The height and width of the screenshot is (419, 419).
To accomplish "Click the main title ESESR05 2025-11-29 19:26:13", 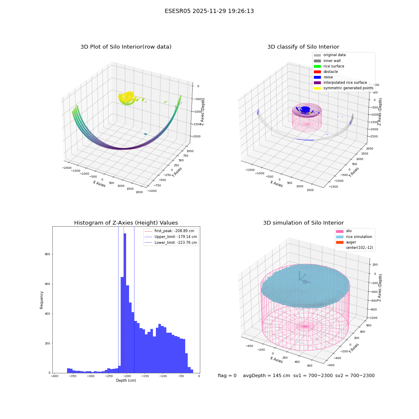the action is click(209, 11).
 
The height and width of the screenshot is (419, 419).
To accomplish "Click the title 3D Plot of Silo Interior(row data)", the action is click(126, 47).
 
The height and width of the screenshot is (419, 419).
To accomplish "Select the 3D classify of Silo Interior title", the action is click(303, 47).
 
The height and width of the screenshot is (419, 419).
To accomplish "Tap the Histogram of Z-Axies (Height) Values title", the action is click(126, 222).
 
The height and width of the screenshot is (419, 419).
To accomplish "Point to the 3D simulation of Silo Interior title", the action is click(303, 222).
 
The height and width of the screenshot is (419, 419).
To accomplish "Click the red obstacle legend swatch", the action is click(317, 72).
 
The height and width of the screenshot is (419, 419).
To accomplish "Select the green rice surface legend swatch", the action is click(317, 66).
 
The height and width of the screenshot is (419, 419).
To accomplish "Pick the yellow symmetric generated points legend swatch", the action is click(317, 88).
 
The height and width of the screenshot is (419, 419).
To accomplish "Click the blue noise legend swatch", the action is click(317, 77).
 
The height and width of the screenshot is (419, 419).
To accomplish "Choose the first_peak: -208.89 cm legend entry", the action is click(169, 231).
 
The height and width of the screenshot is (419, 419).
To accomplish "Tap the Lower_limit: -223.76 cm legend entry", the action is click(171, 243).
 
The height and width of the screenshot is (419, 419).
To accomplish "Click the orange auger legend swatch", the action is click(340, 242).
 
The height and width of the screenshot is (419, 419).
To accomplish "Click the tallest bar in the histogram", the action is click(125, 303).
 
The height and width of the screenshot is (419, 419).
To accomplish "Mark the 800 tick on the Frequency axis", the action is click(48, 254).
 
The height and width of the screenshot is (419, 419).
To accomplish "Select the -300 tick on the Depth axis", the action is click(91, 376).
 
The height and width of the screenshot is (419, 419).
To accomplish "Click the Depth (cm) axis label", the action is click(126, 380).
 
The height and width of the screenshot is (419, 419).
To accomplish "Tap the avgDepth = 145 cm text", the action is click(266, 375).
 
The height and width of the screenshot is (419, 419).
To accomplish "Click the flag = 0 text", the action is click(227, 375).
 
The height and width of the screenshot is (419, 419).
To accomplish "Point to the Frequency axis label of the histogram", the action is click(41, 300).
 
